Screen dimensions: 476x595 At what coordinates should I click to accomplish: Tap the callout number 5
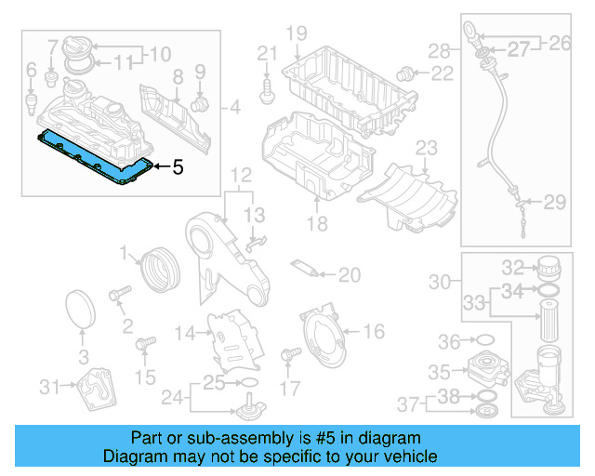tap(178, 167)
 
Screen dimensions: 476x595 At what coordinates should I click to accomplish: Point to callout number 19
tap(296, 35)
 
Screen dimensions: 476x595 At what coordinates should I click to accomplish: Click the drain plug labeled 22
tap(405, 73)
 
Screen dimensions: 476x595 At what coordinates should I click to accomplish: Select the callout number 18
tap(318, 224)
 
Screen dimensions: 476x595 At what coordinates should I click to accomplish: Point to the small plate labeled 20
tap(305, 269)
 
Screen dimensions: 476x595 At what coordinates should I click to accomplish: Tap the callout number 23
tap(426, 148)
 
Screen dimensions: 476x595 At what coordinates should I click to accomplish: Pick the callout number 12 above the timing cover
tap(241, 174)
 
